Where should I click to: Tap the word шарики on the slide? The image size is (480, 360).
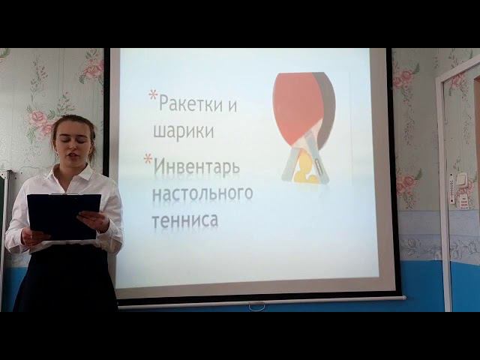pyautogui.click(x=183, y=132)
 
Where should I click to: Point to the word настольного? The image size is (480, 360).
pyautogui.click(x=202, y=193)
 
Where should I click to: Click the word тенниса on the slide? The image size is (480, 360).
pyautogui.click(x=185, y=220)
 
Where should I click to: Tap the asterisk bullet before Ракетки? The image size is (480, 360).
pyautogui.click(x=153, y=96)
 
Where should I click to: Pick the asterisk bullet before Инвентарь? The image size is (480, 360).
pyautogui.click(x=148, y=158)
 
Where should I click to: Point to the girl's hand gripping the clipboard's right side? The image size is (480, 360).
pyautogui.click(x=94, y=220)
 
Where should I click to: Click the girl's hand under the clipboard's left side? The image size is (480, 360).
pyautogui.click(x=34, y=237)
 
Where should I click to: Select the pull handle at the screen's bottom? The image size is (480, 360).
pyautogui.click(x=256, y=307)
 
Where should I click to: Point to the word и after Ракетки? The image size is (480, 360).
pyautogui.click(x=232, y=105)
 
